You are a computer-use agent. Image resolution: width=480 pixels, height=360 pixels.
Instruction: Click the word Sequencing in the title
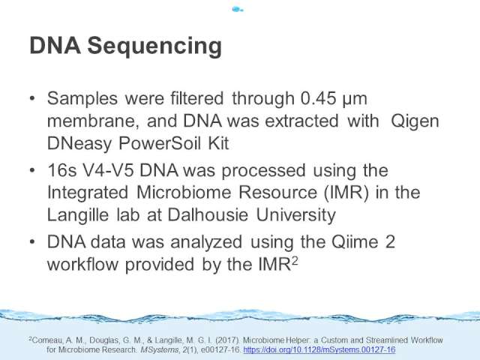[154, 46]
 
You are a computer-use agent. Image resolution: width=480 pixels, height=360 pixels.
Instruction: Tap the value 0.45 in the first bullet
[318, 98]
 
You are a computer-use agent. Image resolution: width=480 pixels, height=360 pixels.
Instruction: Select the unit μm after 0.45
[355, 100]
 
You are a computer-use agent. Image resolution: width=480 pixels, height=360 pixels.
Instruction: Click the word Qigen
[415, 122]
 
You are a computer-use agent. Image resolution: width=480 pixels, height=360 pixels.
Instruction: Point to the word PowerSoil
[159, 143]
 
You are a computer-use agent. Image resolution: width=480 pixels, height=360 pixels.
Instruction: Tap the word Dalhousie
[208, 214]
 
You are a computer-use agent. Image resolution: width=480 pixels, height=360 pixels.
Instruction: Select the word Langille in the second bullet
[78, 215]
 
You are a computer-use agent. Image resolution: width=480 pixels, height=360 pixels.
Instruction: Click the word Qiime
[355, 242]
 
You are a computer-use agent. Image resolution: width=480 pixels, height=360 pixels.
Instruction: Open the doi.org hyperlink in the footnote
[319, 349]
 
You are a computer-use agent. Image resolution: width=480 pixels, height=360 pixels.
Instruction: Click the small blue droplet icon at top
[238, 10]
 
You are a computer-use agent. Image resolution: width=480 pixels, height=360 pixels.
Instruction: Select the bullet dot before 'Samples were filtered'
[32, 98]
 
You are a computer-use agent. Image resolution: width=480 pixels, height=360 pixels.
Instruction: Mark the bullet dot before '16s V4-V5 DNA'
[32, 170]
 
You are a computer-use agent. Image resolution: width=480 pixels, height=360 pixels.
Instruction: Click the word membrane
[91, 121]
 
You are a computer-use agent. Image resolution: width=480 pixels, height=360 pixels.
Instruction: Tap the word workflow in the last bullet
[82, 264]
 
